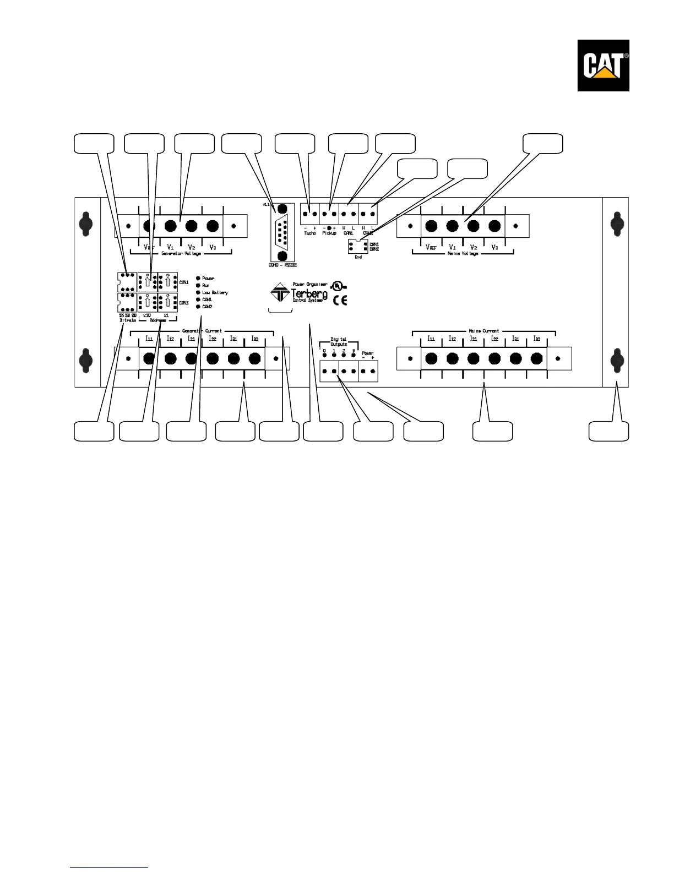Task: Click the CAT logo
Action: (x=603, y=66)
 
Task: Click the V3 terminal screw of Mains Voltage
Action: (x=494, y=226)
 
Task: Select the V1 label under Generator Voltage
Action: (x=170, y=248)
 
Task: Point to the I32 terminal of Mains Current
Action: (x=537, y=359)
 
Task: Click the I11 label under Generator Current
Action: (x=149, y=339)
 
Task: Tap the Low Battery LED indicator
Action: (x=198, y=292)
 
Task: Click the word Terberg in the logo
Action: (x=309, y=293)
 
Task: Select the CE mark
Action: (x=340, y=300)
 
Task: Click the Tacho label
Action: (x=309, y=233)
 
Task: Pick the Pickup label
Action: (x=329, y=233)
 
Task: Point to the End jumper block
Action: (x=358, y=247)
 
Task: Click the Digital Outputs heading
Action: (x=339, y=341)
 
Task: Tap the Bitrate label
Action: (x=128, y=320)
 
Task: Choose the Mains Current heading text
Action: (x=483, y=331)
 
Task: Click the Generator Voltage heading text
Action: (x=181, y=254)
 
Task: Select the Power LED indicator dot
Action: (x=198, y=279)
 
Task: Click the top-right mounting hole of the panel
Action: (x=616, y=224)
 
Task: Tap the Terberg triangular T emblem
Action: (x=281, y=292)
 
